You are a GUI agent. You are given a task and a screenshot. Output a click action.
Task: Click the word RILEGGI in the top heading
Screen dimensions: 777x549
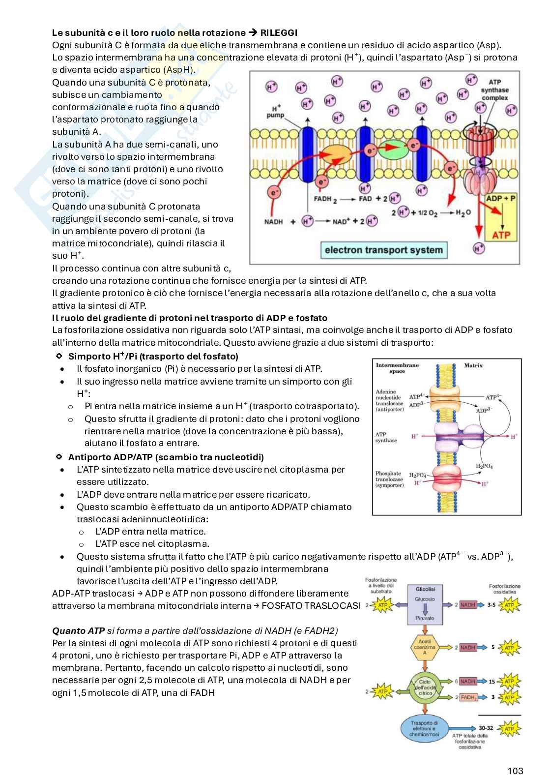(279, 33)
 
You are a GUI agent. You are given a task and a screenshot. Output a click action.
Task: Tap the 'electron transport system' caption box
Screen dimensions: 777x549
(384, 250)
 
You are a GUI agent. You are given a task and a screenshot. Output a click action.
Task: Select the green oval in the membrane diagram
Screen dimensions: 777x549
(393, 149)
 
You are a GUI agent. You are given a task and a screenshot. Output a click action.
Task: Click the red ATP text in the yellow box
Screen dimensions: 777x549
(501, 235)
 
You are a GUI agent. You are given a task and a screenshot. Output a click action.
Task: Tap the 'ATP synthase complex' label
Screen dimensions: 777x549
(494, 90)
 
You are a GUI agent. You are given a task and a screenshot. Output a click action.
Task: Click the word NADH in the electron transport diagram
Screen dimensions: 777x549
(274, 222)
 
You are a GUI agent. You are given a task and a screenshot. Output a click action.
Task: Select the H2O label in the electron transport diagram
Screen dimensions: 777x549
(460, 212)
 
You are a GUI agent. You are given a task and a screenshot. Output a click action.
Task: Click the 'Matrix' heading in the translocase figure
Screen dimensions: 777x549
(473, 365)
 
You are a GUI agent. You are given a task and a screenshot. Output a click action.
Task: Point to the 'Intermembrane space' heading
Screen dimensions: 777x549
(397, 368)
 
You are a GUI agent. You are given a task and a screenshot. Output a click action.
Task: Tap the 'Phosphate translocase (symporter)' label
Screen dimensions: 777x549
(390, 479)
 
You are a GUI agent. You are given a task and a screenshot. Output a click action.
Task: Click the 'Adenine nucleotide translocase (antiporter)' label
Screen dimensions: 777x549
(390, 400)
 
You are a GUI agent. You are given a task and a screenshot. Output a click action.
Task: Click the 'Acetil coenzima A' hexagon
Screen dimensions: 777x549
(425, 647)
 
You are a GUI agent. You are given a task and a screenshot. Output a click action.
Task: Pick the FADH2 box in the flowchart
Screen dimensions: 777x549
(468, 697)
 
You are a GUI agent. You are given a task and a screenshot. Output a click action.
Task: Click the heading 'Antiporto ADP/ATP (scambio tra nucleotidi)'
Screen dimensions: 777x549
(166, 457)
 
